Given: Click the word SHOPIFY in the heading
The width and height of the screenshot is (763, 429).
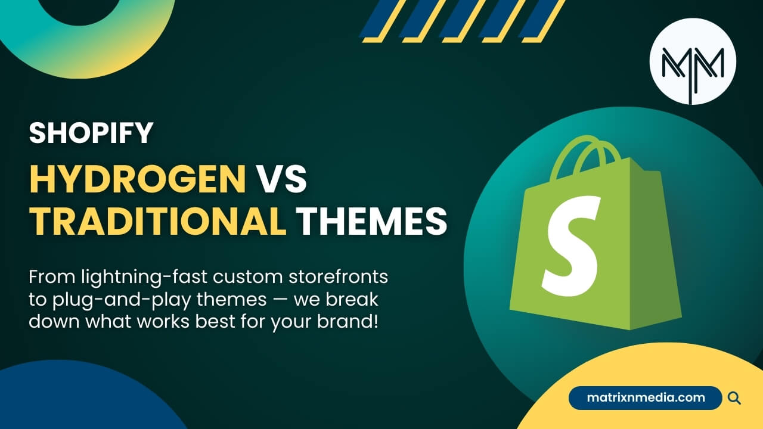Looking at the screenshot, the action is [x=91, y=133].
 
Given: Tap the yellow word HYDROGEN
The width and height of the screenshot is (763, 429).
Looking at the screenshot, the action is [x=138, y=179].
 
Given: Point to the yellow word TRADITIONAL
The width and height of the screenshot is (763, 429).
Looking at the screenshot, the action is [x=158, y=220].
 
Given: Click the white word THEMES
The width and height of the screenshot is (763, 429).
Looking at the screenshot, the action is [x=371, y=220].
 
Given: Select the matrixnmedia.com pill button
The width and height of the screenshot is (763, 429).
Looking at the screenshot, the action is [x=645, y=397].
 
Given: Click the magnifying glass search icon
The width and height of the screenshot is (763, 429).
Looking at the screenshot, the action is [x=734, y=398].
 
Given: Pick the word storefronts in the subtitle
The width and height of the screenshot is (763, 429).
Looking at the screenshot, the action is [x=338, y=276].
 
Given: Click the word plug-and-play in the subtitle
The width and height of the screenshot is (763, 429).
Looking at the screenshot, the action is [x=122, y=300].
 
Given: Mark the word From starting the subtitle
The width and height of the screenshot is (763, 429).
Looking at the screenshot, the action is [x=52, y=277].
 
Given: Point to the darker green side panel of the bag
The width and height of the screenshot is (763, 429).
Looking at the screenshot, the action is [x=653, y=248].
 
